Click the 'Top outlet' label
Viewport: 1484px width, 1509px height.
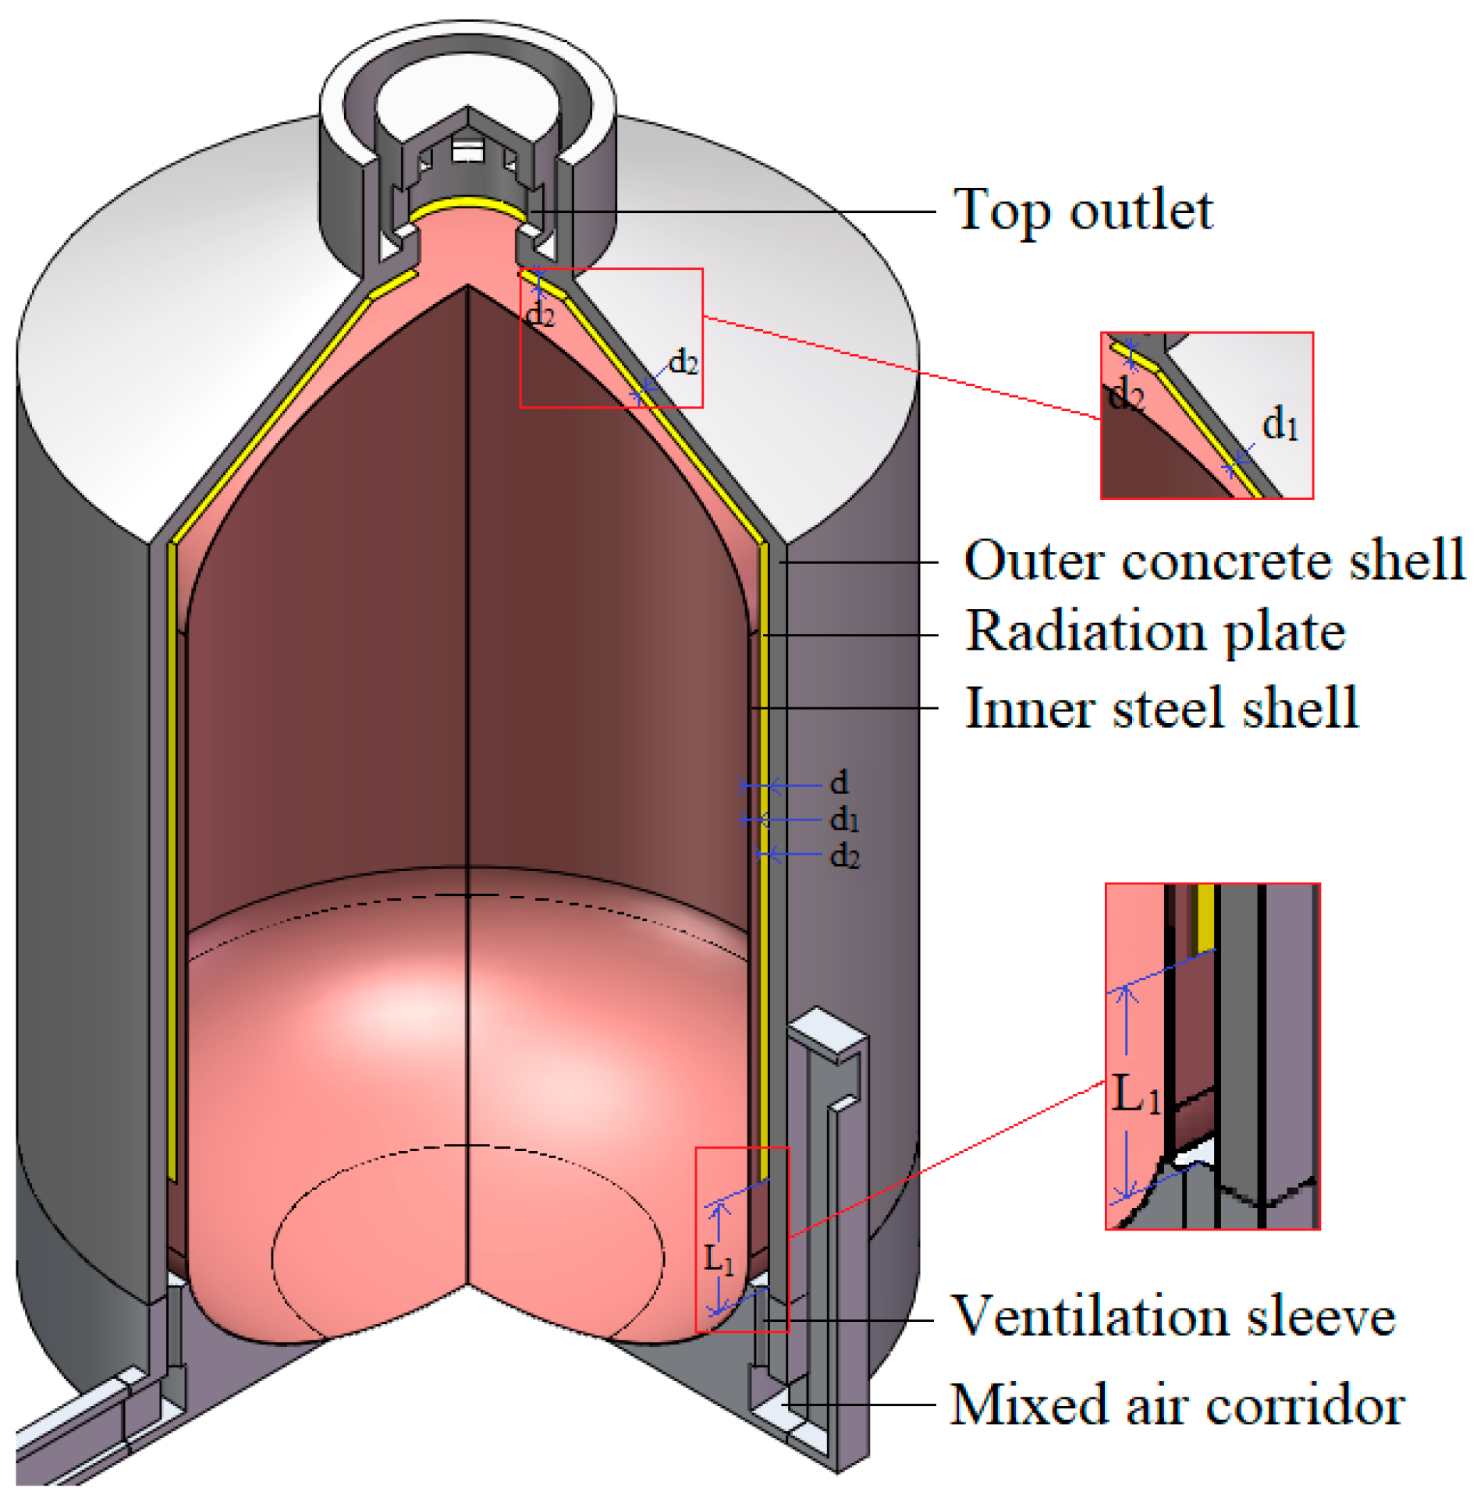(x=1083, y=211)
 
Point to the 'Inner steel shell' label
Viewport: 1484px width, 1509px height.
(x=1161, y=707)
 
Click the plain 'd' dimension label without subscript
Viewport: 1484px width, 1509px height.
(x=839, y=781)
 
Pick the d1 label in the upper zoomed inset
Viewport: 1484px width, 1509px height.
(x=1280, y=424)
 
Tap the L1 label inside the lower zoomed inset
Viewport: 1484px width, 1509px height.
(x=1135, y=1093)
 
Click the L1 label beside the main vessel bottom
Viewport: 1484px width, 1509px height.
(x=718, y=1257)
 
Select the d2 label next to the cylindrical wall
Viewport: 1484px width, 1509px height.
(x=844, y=855)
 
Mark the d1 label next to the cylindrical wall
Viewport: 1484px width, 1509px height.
(x=844, y=819)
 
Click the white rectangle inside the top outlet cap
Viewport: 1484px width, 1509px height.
(x=466, y=150)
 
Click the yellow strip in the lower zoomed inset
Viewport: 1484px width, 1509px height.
(x=1206, y=916)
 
